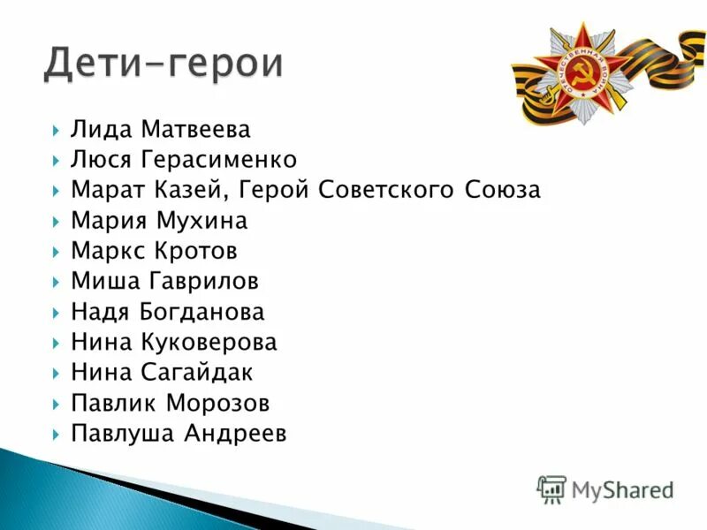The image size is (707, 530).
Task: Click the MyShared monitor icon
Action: tap(551, 488)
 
